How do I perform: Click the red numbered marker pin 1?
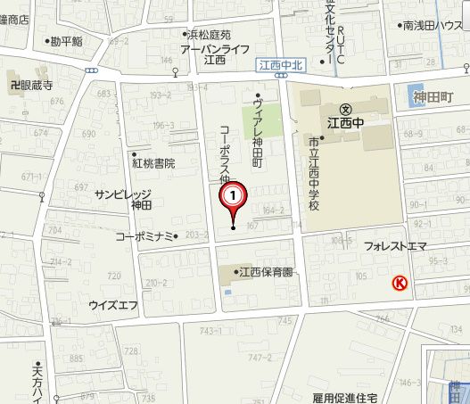point(233,194)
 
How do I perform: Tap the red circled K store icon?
point(400,284)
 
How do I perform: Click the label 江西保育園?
point(263,272)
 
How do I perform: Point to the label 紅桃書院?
point(154,163)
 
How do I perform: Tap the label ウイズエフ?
point(113,305)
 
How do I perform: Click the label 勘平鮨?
point(67,41)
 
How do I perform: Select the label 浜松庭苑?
point(208,34)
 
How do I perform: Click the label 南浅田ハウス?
point(431,26)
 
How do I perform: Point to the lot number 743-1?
point(210,331)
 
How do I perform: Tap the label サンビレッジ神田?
point(123,199)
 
